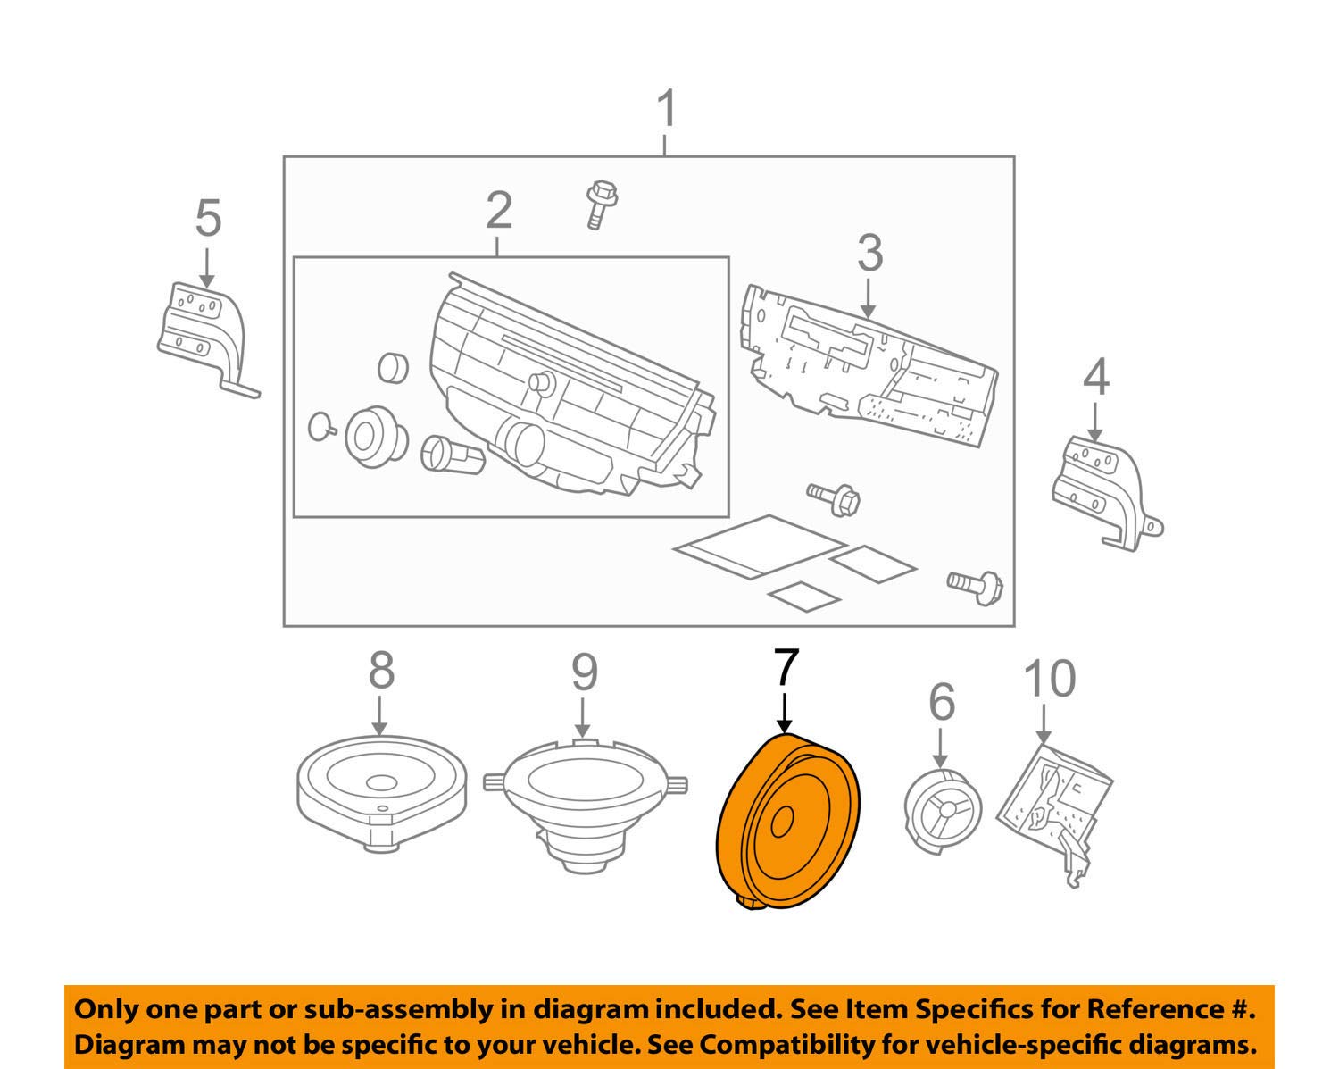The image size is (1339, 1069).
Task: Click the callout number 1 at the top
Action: pos(666,110)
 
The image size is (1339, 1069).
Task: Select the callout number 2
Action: pos(499,211)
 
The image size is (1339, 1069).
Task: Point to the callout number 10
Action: pos(1049,680)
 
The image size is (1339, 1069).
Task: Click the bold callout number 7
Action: pos(786,668)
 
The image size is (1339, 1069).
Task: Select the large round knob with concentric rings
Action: pos(370,436)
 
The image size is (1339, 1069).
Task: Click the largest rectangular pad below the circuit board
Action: pos(760,546)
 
